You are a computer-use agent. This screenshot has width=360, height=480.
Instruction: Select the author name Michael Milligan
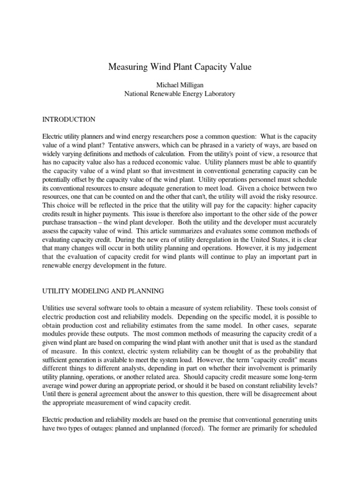pyautogui.click(x=180, y=85)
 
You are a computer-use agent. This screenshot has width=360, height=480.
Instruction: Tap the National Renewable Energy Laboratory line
pyautogui.click(x=180, y=94)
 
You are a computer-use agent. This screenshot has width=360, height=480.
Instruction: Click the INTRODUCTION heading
pyautogui.click(x=69, y=120)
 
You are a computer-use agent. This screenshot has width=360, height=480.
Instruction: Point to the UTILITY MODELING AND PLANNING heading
pyautogui.click(x=103, y=291)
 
